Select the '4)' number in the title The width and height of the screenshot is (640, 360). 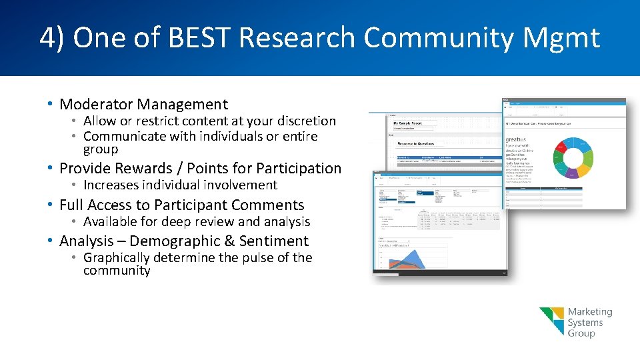pos(52,38)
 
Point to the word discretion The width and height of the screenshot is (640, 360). pos(305,121)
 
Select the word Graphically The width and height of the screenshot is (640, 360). pos(117,257)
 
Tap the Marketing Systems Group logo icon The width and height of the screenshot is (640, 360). pos(551,321)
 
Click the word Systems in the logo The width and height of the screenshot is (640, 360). pos(585,323)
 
